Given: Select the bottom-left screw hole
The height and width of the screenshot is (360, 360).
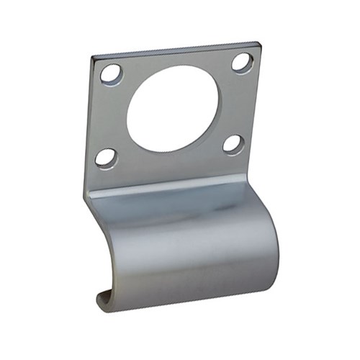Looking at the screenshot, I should [x=106, y=158].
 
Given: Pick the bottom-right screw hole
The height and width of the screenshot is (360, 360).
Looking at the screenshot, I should [x=233, y=144].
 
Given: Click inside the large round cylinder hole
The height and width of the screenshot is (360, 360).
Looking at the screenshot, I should [x=173, y=109].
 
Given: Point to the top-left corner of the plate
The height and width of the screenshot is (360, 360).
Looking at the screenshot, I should [x=94, y=56].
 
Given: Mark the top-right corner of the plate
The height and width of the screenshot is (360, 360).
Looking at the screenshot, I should [x=257, y=44].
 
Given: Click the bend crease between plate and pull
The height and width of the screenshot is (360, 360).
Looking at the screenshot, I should [x=180, y=186].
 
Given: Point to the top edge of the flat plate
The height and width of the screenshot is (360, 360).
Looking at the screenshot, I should [x=176, y=50].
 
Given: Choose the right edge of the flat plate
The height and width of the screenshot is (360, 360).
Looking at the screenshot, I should [x=257, y=108].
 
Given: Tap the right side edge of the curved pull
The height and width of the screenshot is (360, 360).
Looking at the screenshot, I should [x=276, y=230].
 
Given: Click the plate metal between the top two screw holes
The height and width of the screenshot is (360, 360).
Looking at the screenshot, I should [x=176, y=61].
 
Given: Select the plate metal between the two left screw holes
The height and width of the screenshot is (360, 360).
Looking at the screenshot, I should [x=107, y=115].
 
